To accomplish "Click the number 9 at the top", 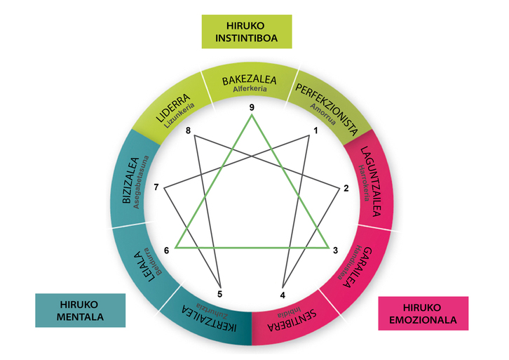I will pyautogui.click(x=251, y=107).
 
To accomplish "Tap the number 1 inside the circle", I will pyautogui.click(x=315, y=131).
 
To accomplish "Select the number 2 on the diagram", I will pyautogui.click(x=346, y=188).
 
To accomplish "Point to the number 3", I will pyautogui.click(x=335, y=251).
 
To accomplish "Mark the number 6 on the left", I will pyautogui.click(x=167, y=251).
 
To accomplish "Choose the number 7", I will pyautogui.click(x=157, y=187).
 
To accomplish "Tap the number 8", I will pyautogui.click(x=188, y=131).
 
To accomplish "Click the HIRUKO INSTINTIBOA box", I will pyautogui.click(x=251, y=32).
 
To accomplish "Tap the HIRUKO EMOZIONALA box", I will pyautogui.click(x=423, y=313).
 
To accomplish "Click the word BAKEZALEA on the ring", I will pyautogui.click(x=250, y=81).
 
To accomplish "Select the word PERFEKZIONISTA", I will pyautogui.click(x=328, y=107).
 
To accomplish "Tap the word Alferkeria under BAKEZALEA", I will pyautogui.click(x=251, y=91).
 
